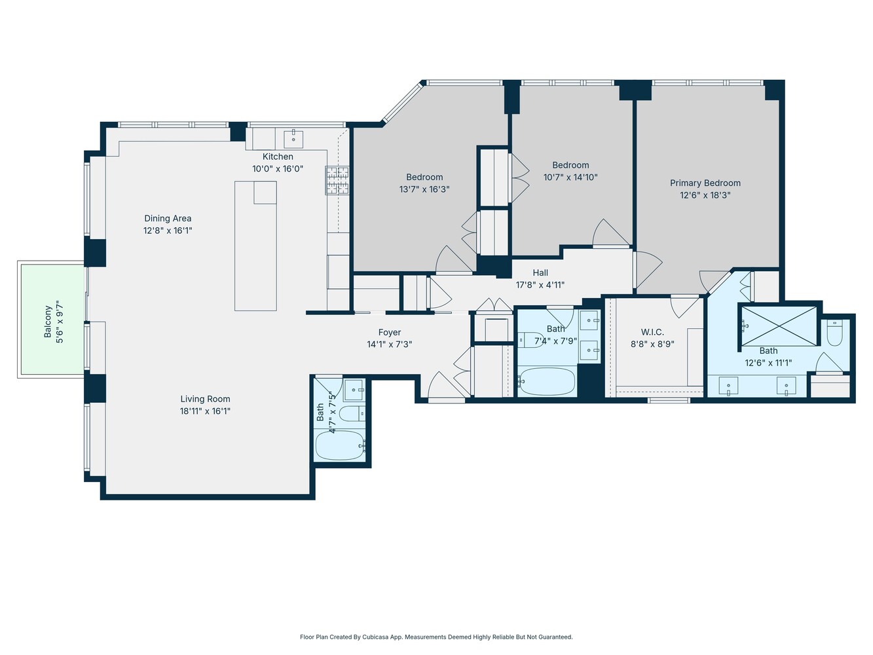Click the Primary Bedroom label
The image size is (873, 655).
(x=705, y=183)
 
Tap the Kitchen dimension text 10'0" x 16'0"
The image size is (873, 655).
(x=278, y=169)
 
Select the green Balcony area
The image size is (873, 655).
(x=52, y=320)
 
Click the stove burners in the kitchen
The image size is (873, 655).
(x=337, y=180)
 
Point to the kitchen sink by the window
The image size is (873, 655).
(x=293, y=139)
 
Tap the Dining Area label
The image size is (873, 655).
(x=168, y=219)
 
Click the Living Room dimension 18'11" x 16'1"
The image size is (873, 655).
(x=205, y=411)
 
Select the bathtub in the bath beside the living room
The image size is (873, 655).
(x=339, y=445)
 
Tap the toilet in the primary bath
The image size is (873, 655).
(x=834, y=333)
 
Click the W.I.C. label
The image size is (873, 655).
(x=652, y=332)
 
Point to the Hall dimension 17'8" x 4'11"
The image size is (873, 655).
(x=540, y=285)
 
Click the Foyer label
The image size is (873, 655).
(x=389, y=333)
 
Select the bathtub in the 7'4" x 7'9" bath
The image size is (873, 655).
(x=546, y=381)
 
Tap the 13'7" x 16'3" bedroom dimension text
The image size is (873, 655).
(x=424, y=189)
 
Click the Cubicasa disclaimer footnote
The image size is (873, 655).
(x=436, y=637)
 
